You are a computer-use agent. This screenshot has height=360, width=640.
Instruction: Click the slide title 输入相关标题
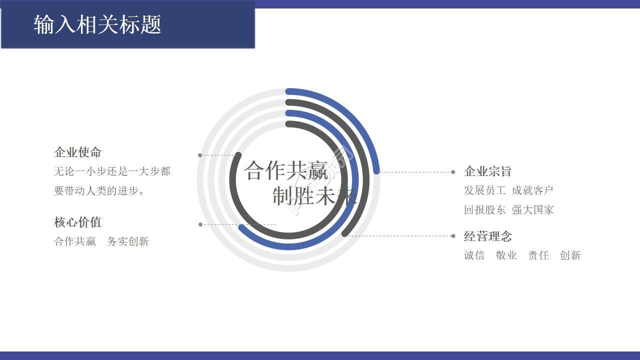[97, 24]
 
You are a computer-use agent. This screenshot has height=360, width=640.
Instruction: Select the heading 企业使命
[78, 152]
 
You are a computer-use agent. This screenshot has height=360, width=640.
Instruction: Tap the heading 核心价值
[78, 222]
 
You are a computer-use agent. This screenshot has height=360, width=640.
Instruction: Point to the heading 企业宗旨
[487, 171]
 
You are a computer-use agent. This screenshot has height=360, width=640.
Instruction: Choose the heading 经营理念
[487, 236]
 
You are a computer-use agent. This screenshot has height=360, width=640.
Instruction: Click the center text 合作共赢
[286, 171]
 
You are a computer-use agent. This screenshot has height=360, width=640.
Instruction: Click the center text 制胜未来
[314, 195]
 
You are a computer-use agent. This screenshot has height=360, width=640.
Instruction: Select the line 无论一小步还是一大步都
[112, 171]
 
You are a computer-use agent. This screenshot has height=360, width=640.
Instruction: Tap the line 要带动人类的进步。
[99, 191]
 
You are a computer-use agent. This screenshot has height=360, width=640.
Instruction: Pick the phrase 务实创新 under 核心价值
[128, 241]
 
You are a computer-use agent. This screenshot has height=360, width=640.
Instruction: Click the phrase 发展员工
[484, 190]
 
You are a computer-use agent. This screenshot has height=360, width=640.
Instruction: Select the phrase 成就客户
[532, 190]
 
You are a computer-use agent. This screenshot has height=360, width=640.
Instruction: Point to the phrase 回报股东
[484, 210]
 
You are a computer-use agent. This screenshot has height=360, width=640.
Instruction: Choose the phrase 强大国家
[532, 210]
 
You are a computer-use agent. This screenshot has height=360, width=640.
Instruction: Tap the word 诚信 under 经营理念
[474, 255]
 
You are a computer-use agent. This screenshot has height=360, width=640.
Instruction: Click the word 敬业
[506, 255]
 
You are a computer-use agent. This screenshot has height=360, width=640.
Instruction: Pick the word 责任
[538, 255]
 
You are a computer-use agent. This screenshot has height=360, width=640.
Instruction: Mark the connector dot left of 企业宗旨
[453, 172]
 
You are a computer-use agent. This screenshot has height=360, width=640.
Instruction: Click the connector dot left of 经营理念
[453, 236]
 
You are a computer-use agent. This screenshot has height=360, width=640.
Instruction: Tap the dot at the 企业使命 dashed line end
[200, 155]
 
